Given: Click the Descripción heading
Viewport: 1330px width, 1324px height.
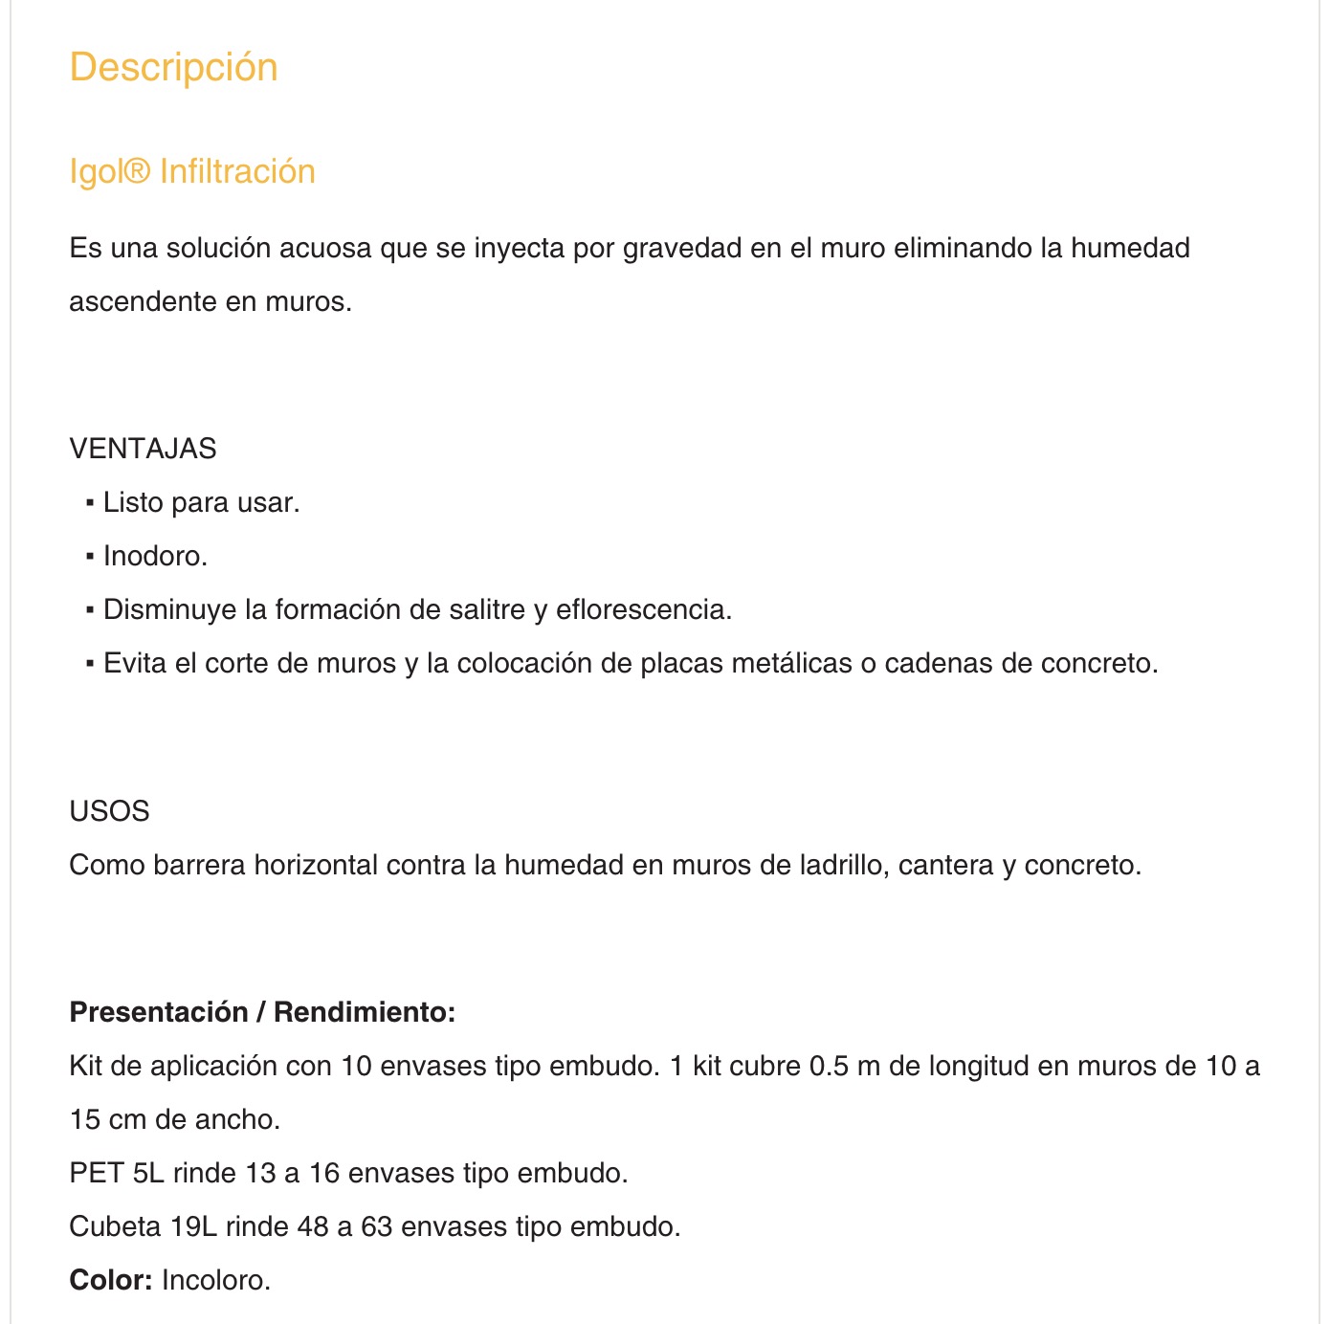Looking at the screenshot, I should (x=173, y=68).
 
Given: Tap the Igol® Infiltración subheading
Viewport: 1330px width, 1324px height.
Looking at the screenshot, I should (x=192, y=171).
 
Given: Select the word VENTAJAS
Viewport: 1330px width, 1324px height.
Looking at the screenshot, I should (x=143, y=449).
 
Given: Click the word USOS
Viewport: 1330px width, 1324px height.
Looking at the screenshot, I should (x=109, y=811).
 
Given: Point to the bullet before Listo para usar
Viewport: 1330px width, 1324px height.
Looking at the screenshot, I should (x=90, y=502).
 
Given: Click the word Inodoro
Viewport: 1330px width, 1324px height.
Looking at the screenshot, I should (x=155, y=556).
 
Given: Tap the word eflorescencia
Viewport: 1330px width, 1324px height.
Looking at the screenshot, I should (x=643, y=609).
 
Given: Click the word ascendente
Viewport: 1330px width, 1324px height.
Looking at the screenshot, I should (x=144, y=301).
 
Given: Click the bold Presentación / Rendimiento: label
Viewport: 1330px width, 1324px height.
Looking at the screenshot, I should (x=262, y=1012).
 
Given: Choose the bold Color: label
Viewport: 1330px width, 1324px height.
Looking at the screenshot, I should (x=110, y=1280).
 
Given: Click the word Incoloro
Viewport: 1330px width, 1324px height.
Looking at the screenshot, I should (x=216, y=1280).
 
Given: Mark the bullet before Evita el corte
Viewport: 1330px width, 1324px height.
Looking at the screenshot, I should (x=90, y=663).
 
